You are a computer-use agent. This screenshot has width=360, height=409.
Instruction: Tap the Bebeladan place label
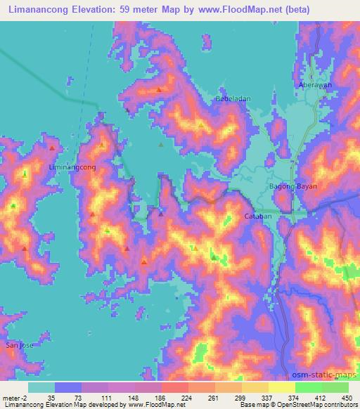[x=233, y=100]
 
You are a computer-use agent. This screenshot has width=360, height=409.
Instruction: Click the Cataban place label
[x=257, y=216]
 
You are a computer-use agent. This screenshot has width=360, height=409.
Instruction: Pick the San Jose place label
[x=19, y=345]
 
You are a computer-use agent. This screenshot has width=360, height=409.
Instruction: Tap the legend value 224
[x=186, y=398]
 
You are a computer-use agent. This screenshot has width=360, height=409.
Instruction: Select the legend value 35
[x=52, y=398]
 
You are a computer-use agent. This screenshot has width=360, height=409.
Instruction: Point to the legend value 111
[x=105, y=398]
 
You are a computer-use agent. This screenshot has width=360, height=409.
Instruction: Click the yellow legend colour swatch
[x=281, y=387]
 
